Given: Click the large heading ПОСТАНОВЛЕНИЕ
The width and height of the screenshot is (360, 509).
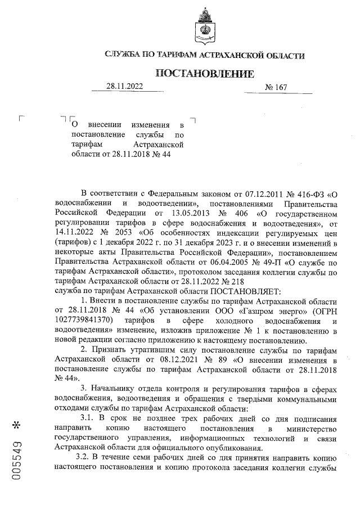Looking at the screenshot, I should (x=204, y=74).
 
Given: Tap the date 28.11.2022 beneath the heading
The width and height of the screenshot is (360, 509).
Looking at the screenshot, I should (x=125, y=87).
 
